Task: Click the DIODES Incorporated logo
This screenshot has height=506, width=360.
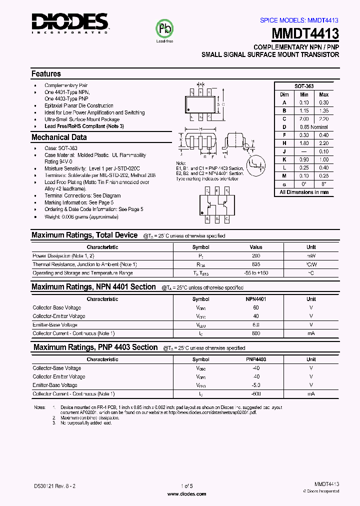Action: (69, 23)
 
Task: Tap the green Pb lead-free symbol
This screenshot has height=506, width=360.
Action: (165, 28)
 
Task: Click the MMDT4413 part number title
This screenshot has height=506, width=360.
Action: (306, 34)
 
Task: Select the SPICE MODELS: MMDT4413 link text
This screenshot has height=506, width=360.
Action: (299, 20)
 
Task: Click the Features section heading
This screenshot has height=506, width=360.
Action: (46, 73)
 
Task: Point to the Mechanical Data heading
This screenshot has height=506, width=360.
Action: (59, 137)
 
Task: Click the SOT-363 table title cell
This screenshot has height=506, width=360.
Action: (303, 86)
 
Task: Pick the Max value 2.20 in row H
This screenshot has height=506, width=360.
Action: (323, 143)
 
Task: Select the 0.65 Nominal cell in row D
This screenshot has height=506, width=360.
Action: (313, 127)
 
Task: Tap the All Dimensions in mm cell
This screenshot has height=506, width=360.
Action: (303, 192)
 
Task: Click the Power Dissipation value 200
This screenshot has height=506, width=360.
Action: (255, 255)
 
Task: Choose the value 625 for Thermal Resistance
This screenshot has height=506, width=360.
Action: (255, 264)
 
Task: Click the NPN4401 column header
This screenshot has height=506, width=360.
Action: (255, 299)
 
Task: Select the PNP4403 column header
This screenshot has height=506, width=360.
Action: (255, 359)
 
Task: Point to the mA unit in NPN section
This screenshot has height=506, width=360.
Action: (311, 333)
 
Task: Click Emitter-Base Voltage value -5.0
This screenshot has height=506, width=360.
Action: (255, 385)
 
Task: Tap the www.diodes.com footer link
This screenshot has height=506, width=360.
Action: (186, 493)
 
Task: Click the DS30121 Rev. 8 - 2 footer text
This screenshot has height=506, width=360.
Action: (55, 485)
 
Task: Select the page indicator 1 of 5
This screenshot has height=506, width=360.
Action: (186, 485)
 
